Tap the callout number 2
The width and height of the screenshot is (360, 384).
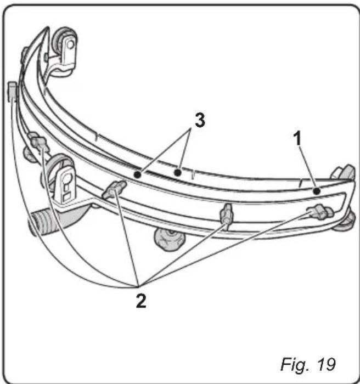point(141,301)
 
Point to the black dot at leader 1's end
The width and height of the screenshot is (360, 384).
point(317,191)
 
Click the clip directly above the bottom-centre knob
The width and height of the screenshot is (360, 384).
point(226,213)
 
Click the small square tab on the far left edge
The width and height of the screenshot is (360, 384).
point(12,91)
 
